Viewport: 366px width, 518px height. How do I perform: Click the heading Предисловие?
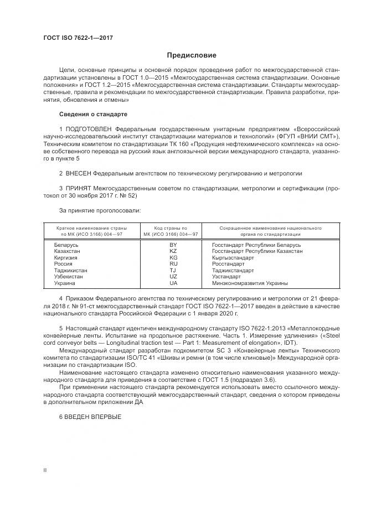(192, 55)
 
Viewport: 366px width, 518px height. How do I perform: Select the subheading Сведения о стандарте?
(93, 114)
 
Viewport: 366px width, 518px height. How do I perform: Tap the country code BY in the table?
(173, 245)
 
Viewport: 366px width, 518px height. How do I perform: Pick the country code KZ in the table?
(173, 251)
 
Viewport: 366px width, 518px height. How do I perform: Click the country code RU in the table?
(173, 264)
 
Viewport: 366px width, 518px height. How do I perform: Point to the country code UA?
(173, 283)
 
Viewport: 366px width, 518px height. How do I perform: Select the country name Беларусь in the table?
(66, 245)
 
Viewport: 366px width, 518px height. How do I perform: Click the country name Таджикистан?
(70, 271)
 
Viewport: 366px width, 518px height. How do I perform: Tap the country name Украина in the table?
(65, 283)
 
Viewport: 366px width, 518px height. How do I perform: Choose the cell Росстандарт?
(228, 264)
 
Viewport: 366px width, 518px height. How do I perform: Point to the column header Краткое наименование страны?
(91, 228)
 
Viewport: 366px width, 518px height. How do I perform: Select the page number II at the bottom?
(45, 470)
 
